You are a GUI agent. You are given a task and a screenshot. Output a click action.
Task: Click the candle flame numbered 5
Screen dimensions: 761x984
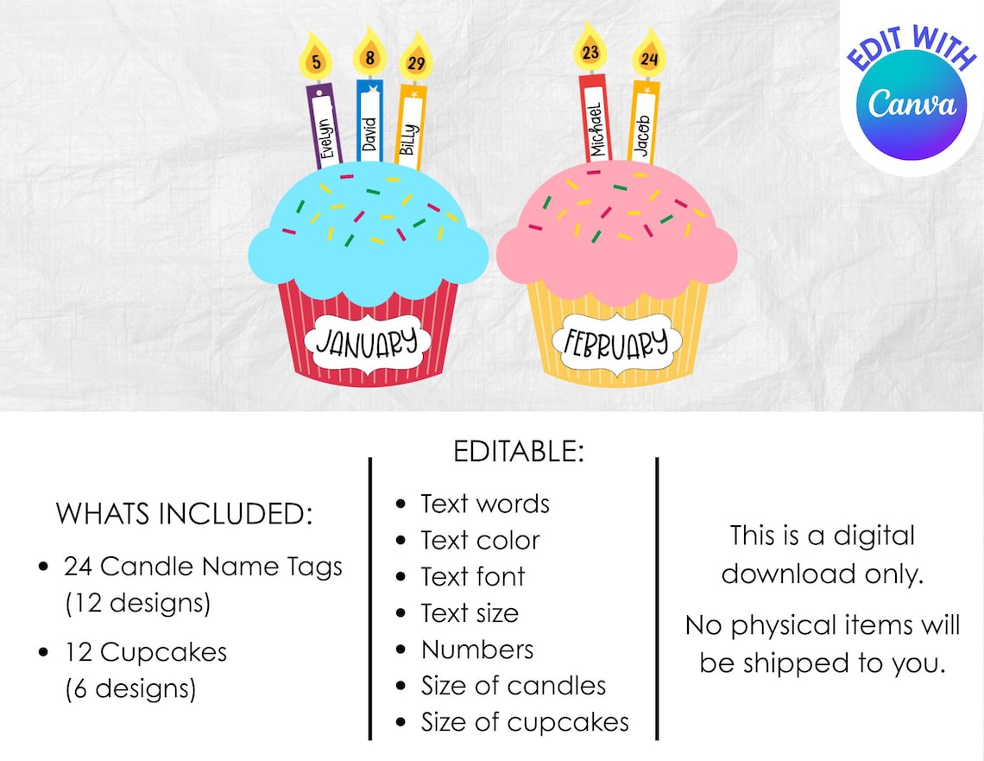[x=316, y=60]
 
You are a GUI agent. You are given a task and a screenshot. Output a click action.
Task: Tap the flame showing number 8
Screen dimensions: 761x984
[x=369, y=58]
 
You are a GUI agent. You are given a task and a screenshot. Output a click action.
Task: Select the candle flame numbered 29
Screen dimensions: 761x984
[x=416, y=63]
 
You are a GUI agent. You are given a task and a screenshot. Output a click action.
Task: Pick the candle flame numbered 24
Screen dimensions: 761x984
[x=648, y=59]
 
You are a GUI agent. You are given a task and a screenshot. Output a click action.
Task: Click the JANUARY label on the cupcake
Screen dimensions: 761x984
[x=371, y=342]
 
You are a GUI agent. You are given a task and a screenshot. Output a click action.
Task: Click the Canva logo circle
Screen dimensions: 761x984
[x=911, y=105]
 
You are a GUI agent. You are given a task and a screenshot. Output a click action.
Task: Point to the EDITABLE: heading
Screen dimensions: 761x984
[x=519, y=451]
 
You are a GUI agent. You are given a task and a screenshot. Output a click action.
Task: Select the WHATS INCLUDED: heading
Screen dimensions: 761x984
[x=183, y=513]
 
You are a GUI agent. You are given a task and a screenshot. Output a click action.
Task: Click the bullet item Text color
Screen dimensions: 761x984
[x=480, y=541]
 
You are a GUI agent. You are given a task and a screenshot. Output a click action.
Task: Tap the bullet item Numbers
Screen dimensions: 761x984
[x=477, y=650]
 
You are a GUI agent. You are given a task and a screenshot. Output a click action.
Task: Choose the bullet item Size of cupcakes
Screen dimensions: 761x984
[x=525, y=722]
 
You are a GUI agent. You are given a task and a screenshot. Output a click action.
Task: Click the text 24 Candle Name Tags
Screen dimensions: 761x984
[x=203, y=567]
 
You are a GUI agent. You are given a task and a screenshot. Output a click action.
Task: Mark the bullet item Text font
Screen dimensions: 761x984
[x=473, y=577]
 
